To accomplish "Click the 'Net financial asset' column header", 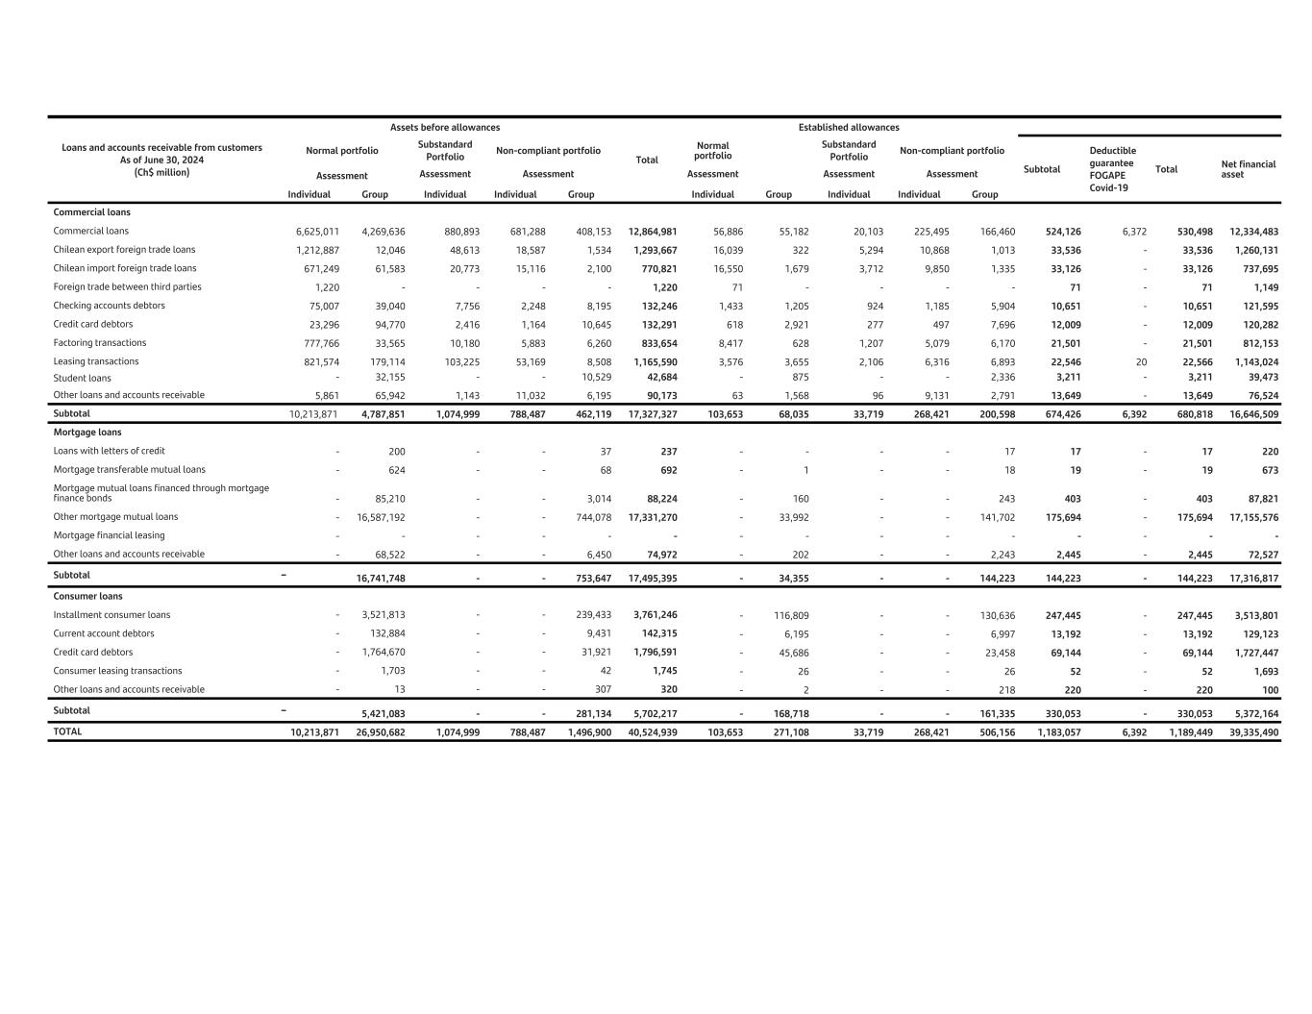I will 1248,169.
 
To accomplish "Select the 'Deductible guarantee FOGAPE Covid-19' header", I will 1112,169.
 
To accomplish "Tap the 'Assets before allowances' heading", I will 444,127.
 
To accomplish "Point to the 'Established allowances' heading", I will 848,127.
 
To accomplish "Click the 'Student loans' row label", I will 82,378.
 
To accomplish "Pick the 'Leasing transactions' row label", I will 95,361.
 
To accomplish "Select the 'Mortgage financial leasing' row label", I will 109,535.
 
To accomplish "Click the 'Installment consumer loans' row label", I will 111,615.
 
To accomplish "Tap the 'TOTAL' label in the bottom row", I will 67,731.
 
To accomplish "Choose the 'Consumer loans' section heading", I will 89,596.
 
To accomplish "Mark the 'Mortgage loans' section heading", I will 87,433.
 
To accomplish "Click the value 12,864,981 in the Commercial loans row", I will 652,232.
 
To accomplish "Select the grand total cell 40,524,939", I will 652,732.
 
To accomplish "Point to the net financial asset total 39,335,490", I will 1253,732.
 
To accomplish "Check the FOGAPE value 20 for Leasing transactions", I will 1140,362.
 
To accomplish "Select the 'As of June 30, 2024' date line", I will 161,161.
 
